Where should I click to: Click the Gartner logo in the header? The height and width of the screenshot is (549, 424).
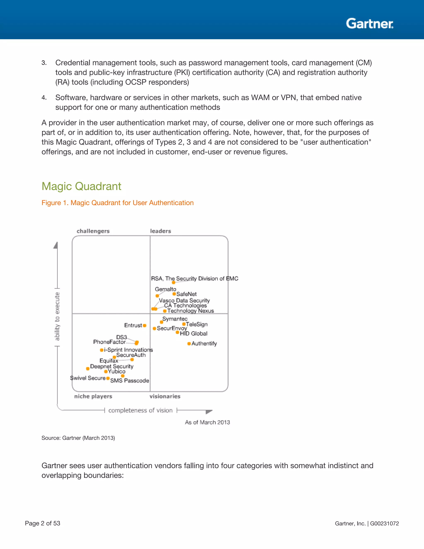pyautogui.click(x=370, y=24)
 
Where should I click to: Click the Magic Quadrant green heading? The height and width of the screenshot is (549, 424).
pyautogui.click(x=81, y=186)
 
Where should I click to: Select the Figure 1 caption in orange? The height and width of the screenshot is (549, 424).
pyautogui.click(x=117, y=203)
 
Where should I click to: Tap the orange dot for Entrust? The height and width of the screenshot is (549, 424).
pyautogui.click(x=145, y=325)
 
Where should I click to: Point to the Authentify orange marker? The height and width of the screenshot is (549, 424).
pyautogui.click(x=189, y=344)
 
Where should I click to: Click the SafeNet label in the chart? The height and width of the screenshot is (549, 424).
pyautogui.click(x=186, y=294)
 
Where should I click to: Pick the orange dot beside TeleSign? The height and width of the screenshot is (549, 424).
pyautogui.click(x=184, y=324)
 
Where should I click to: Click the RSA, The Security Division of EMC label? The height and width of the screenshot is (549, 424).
pyautogui.click(x=194, y=278)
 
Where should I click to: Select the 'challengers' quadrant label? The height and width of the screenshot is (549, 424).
pyautogui.click(x=93, y=231)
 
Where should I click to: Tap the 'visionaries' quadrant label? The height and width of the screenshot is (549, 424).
pyautogui.click(x=165, y=396)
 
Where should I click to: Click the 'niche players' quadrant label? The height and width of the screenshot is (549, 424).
pyautogui.click(x=93, y=396)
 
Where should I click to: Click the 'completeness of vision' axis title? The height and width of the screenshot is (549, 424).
pyautogui.click(x=140, y=410)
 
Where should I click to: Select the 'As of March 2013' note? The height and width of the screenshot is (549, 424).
pyautogui.click(x=207, y=422)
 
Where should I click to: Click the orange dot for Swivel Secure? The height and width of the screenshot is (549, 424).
pyautogui.click(x=108, y=378)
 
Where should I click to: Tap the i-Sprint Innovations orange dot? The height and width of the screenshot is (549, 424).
pyautogui.click(x=101, y=350)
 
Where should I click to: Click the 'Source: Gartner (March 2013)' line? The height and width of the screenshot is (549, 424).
pyautogui.click(x=78, y=438)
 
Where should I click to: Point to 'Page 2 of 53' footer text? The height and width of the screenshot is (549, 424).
pyautogui.click(x=42, y=523)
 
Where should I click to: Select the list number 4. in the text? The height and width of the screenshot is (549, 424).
pyautogui.click(x=44, y=98)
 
